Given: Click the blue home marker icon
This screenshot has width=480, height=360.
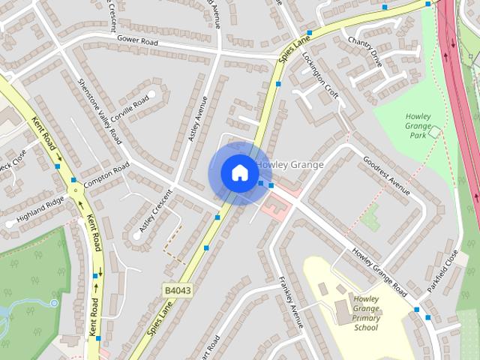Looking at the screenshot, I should [239, 173].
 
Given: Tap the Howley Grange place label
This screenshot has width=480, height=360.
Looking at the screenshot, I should [290, 164].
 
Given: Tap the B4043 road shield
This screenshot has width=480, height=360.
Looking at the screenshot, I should [175, 289].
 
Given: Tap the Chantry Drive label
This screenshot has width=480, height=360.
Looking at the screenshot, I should [364, 51].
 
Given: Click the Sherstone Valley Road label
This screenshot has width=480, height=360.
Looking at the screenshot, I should [100, 111].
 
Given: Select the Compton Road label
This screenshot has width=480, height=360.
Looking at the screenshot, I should [106, 175].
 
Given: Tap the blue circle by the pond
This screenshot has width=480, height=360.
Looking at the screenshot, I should [54, 303].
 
